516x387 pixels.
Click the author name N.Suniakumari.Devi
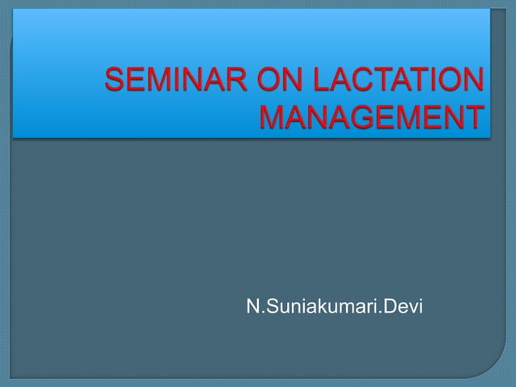tap(334, 308)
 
